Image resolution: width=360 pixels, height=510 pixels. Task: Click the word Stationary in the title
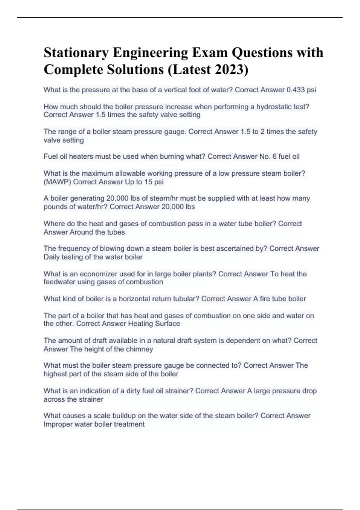tap(76, 53)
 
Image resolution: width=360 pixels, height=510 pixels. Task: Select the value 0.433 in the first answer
tap(296, 90)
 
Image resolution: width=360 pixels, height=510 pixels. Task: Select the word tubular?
tap(184, 299)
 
